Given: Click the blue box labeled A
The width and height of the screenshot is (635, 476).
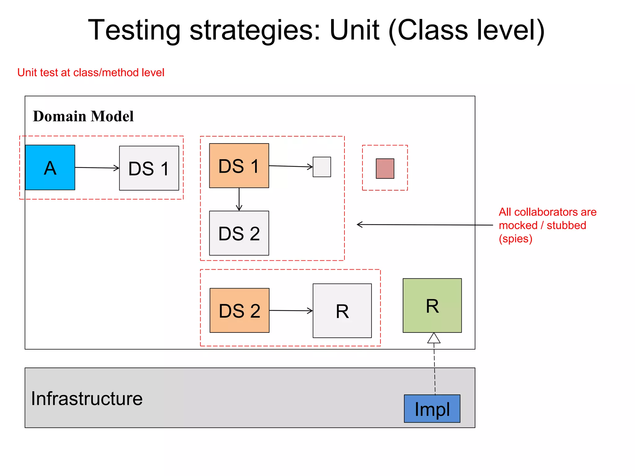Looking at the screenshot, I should point(50,167).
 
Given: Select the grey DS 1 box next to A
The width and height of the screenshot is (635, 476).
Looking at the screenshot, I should point(149,168).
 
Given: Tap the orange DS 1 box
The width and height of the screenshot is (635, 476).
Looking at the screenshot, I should point(239,165).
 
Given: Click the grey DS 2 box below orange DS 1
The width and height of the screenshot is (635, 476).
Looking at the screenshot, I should point(239,233).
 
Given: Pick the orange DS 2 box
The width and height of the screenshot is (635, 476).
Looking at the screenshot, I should point(239,310).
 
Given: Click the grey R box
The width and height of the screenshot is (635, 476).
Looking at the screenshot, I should point(342,311).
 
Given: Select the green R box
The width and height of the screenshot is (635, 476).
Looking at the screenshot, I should point(432,306).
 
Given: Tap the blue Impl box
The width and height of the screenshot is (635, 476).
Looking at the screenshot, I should point(432,408).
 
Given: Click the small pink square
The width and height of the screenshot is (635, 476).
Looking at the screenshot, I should point(385,169).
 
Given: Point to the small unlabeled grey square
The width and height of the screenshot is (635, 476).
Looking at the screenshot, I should point(322,167).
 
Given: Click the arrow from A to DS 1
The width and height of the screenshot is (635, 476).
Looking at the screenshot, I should point(97,168).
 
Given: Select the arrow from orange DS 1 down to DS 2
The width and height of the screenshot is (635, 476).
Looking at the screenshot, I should point(239,199).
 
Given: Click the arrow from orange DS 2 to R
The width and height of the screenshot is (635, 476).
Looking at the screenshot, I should point(291,311).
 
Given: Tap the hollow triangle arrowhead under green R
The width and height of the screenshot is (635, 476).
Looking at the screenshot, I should point(434,338).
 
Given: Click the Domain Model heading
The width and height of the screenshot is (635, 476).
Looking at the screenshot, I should point(83,117).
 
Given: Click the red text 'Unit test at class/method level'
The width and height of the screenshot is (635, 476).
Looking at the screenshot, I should point(91,73).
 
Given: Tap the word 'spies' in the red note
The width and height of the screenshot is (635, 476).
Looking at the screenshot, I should point(515,239).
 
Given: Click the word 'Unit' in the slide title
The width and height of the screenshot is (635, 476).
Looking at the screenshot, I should point(354,30).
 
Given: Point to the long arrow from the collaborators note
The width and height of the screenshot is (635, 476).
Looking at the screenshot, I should point(425,225).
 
